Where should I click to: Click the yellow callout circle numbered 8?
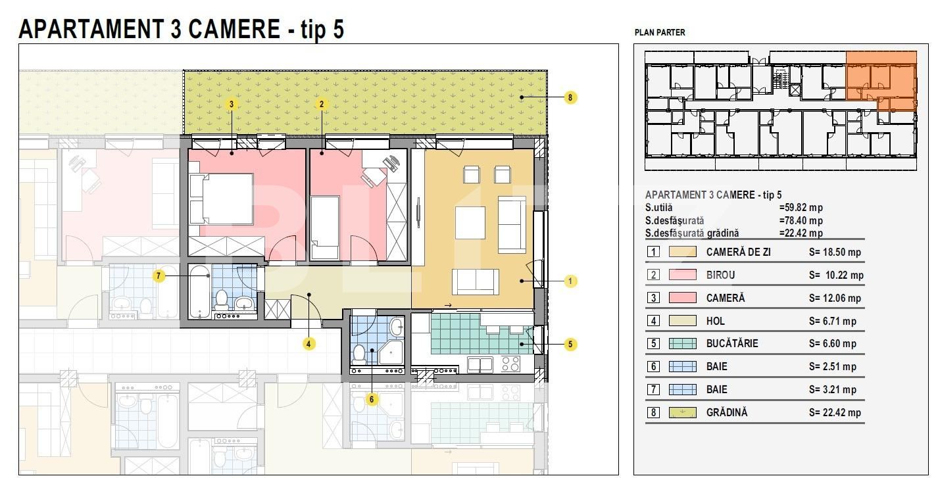point(570,97)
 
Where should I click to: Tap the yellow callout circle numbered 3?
point(232,104)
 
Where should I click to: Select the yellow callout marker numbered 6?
point(372,399)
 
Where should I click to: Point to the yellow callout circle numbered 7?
point(159,275)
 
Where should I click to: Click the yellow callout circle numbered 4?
point(309,344)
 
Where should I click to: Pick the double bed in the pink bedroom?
point(221,199)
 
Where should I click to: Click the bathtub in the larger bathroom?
point(199,292)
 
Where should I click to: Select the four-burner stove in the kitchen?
point(510,364)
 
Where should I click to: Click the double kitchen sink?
point(480,364)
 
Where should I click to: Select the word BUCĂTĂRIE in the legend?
point(732,343)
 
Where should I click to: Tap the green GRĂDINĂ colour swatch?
point(683,412)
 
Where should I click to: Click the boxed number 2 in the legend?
point(653,275)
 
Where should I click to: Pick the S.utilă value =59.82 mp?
point(801,208)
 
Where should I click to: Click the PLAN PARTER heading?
point(660,32)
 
